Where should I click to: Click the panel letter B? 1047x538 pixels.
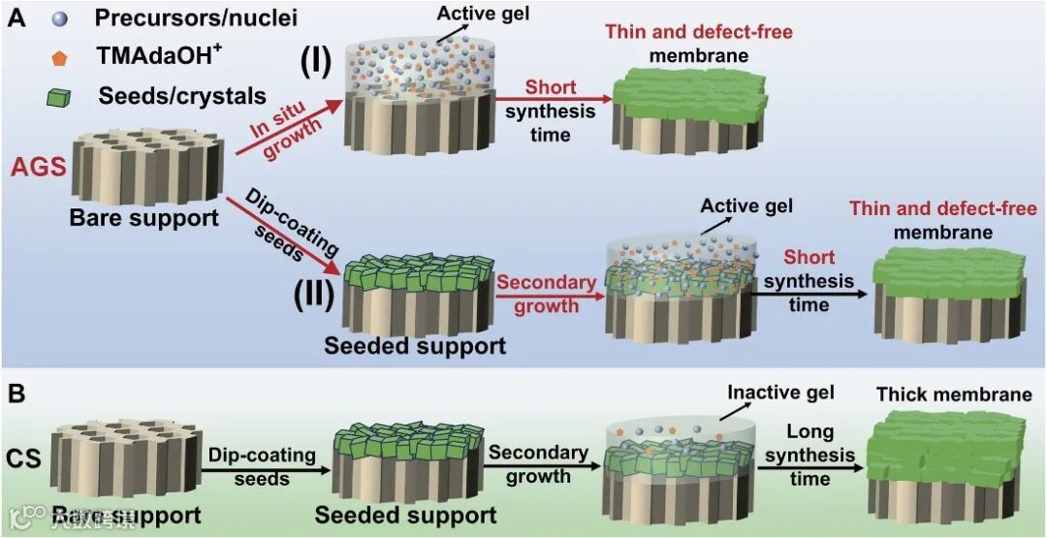tap(16, 396)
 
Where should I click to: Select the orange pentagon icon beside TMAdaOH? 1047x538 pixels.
tap(61, 58)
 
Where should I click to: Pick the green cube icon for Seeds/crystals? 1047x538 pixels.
tap(61, 97)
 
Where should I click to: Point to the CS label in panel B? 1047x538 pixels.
tap(26, 457)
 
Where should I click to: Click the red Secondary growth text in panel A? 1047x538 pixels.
tap(546, 294)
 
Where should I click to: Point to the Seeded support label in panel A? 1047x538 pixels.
tap(415, 345)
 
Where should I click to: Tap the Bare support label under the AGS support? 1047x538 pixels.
tap(143, 217)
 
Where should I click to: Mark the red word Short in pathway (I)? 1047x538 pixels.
tap(551, 87)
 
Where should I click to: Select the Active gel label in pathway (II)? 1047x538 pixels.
tap(746, 206)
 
